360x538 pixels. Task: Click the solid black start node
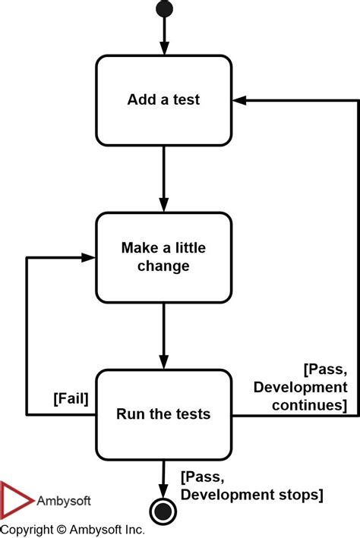163,8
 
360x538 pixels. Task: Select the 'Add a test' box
163,100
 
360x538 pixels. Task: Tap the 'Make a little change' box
163,257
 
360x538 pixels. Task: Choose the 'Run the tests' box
163,414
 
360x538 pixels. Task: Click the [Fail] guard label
71,398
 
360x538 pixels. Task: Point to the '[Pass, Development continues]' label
301,387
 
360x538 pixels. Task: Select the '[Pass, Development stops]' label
251,486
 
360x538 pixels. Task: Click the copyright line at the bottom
72,529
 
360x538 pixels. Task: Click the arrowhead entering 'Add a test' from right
238,100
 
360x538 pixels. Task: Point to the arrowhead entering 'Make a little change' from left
89,258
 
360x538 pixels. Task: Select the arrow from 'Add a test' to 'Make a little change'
163,178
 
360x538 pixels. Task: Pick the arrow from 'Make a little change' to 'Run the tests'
163,335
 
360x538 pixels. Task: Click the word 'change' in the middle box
163,266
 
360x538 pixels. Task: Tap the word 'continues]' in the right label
310,405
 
